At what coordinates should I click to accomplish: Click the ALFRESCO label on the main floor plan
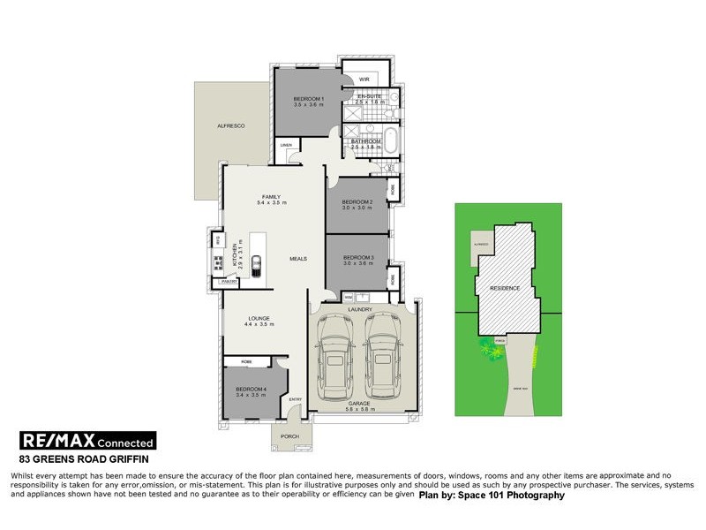(229, 127)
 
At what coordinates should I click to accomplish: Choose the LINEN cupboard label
(286, 145)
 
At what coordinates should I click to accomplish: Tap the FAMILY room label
(270, 196)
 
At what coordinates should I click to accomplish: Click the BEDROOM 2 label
(358, 202)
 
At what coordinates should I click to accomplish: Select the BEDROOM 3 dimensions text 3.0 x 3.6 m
(358, 263)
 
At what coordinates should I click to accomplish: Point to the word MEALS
(297, 259)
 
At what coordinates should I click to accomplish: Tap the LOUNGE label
(259, 318)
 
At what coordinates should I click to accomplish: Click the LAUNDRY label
(360, 309)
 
